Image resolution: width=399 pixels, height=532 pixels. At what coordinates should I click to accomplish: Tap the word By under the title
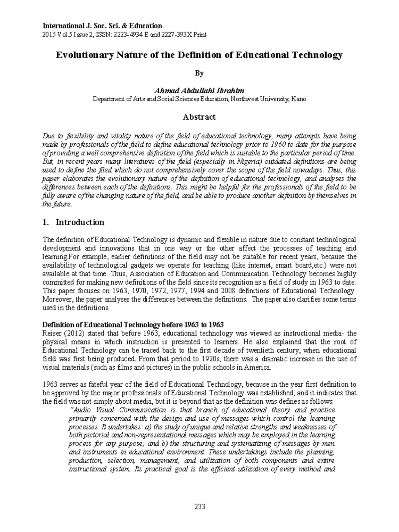point(199,73)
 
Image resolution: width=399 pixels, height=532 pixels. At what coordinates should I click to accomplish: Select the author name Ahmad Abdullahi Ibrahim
point(199,91)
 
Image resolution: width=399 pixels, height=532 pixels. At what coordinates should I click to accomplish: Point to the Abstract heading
point(199,117)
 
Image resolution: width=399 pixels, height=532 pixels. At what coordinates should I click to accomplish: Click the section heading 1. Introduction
point(74,222)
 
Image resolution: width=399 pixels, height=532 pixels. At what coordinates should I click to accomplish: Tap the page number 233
point(199,507)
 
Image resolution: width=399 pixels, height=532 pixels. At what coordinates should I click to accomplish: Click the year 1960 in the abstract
point(278,145)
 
